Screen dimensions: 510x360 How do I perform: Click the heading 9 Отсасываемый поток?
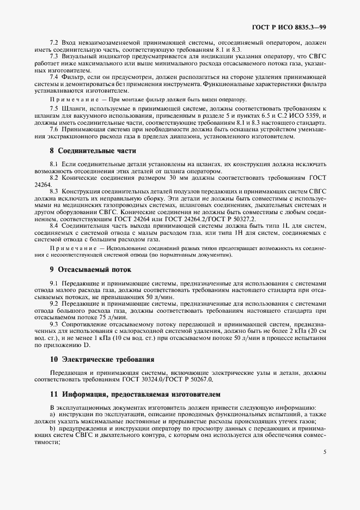point(82,269)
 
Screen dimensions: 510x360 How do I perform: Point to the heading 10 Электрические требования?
point(94,360)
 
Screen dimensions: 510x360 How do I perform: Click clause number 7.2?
point(54,41)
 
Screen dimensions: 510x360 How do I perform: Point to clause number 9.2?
point(54,303)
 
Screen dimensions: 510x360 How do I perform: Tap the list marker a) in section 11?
point(52,415)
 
